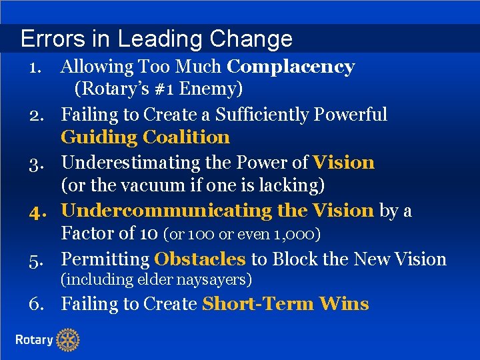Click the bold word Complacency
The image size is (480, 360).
(291, 67)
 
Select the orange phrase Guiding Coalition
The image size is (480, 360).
(145, 138)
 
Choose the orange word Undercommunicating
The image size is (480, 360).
(167, 211)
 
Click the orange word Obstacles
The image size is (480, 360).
(200, 259)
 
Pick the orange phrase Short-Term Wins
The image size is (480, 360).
(285, 304)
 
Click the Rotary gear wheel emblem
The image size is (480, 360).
(67, 340)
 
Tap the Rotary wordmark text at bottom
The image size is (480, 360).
(34, 340)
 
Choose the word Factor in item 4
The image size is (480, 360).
(85, 234)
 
